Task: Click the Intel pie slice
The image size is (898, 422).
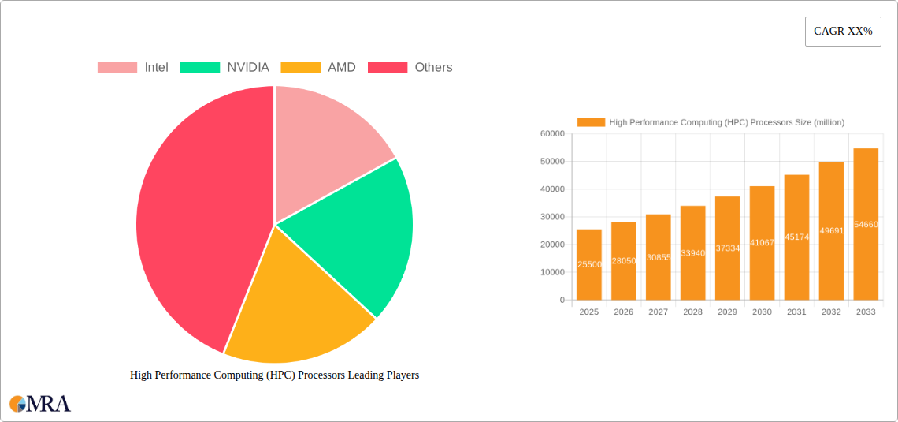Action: pyautogui.click(x=323, y=150)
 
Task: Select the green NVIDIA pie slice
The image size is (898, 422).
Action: pyautogui.click(x=354, y=237)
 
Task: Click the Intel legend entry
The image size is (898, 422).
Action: pyautogui.click(x=133, y=68)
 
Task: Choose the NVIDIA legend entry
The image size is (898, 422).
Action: pyautogui.click(x=225, y=68)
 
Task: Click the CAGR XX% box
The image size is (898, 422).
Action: pyautogui.click(x=843, y=32)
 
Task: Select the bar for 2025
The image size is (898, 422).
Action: pyautogui.click(x=589, y=265)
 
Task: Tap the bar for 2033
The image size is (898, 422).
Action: pyautogui.click(x=866, y=225)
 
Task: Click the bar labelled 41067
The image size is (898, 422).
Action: pyautogui.click(x=762, y=243)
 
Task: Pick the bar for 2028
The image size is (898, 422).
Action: pyautogui.click(x=693, y=253)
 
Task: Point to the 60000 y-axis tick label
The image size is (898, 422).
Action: pyautogui.click(x=551, y=134)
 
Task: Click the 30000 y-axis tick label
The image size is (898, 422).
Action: pyautogui.click(x=551, y=217)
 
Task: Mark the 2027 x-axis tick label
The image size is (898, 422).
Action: pyautogui.click(x=658, y=312)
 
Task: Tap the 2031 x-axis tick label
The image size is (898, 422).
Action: pyautogui.click(x=796, y=312)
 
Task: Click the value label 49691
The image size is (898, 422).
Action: pyautogui.click(x=831, y=231)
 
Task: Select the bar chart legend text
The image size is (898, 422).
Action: pyautogui.click(x=726, y=122)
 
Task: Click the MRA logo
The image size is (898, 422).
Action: pyautogui.click(x=40, y=404)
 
